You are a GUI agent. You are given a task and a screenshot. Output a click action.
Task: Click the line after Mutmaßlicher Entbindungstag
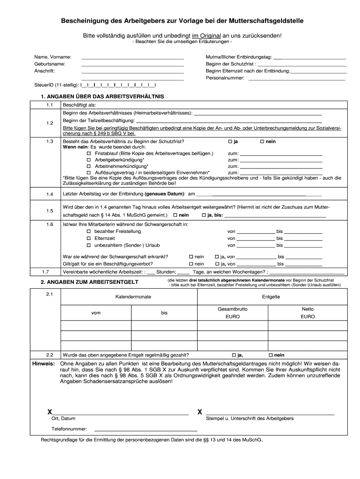pyautogui.click(x=309, y=58)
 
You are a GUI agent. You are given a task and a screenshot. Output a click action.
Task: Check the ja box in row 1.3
pyautogui.click(x=230, y=141)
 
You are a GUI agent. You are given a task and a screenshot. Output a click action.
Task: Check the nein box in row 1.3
pyautogui.click(x=262, y=141)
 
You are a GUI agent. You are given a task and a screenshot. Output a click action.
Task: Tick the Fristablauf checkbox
pyautogui.click(x=89, y=153)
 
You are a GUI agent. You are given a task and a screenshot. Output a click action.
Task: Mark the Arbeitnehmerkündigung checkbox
pyautogui.click(x=89, y=166)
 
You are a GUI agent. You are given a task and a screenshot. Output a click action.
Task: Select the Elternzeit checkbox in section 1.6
pyautogui.click(x=89, y=238)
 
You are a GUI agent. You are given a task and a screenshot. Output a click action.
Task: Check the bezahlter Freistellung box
pyautogui.click(x=89, y=232)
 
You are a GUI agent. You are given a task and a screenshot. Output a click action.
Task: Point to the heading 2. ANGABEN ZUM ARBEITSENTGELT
pyautogui.click(x=93, y=282)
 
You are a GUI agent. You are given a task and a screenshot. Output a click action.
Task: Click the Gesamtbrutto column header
pyautogui.click(x=232, y=309)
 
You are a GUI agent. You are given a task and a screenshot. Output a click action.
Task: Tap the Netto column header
pyautogui.click(x=308, y=309)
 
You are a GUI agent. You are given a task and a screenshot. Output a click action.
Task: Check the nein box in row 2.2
pyautogui.click(x=269, y=355)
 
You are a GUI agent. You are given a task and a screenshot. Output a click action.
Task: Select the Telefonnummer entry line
pyautogui.click(x=146, y=430)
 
